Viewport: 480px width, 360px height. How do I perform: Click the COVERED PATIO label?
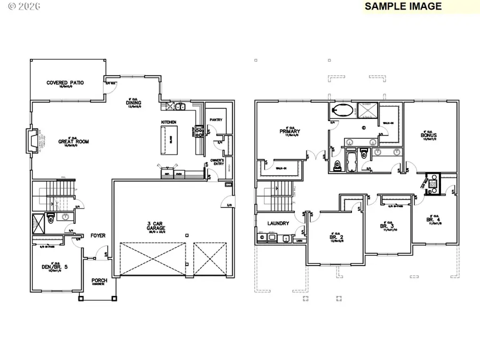click(65, 83)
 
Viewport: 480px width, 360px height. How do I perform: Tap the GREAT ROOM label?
click(74, 142)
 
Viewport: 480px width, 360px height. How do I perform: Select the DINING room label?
click(133, 103)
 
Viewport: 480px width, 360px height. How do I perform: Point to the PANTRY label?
click(216, 120)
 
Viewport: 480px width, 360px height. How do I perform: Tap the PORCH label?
click(99, 281)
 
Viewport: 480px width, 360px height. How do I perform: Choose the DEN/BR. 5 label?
click(53, 267)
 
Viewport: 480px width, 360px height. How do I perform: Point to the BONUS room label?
click(429, 135)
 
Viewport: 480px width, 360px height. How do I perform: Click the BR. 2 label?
click(336, 237)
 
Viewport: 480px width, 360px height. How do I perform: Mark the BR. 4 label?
click(433, 219)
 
